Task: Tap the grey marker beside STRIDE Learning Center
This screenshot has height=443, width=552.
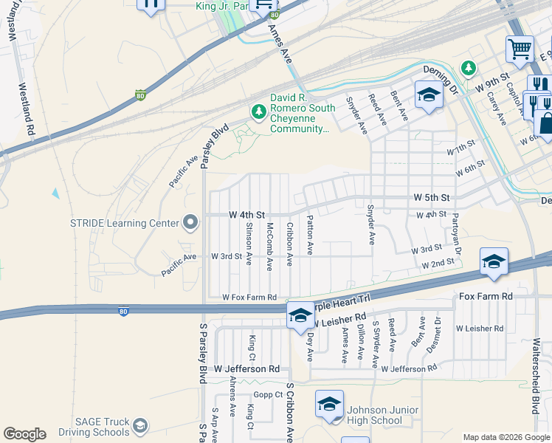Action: point(190,222)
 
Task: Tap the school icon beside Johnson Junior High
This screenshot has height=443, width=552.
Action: point(329,403)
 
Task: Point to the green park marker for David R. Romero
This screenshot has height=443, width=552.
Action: point(258,112)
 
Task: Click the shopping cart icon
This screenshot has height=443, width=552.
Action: point(520,49)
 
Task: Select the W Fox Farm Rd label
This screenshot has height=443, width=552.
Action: point(249,298)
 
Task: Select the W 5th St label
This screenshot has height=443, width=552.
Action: point(432,198)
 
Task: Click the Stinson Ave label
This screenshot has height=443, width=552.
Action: point(249,244)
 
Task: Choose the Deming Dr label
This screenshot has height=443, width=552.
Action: point(441,69)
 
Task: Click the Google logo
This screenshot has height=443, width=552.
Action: point(24,434)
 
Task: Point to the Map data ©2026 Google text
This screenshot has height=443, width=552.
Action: point(505,437)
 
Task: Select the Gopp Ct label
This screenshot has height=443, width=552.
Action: point(269,395)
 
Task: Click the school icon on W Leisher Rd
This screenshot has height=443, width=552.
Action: point(300,315)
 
